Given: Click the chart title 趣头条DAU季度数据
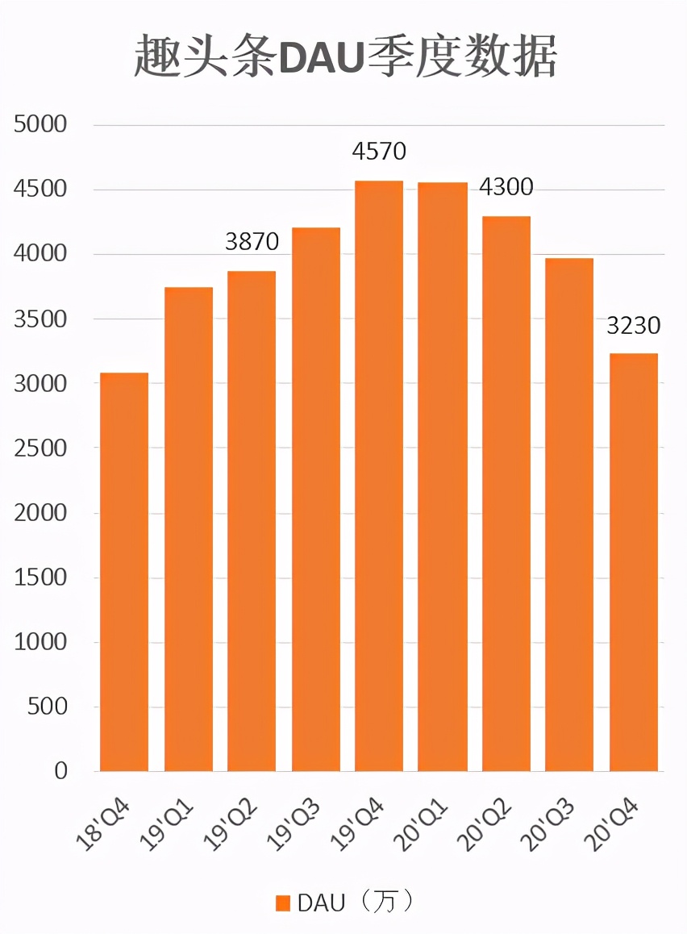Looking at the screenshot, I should [345, 57].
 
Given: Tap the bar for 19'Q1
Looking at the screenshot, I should [189, 528].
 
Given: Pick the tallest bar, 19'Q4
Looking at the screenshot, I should [379, 476].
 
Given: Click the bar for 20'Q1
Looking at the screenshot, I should [443, 477].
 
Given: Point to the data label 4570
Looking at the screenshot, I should [379, 151].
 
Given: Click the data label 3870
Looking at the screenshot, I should [252, 241].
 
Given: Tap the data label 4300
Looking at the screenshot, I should [506, 187].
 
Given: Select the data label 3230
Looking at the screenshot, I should [634, 325].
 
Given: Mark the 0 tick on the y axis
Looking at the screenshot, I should [60, 771].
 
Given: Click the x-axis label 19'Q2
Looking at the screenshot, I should [232, 823].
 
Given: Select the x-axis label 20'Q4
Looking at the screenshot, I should [614, 823].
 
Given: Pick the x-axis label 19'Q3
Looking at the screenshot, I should [296, 823].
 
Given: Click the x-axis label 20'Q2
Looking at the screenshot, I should [487, 823].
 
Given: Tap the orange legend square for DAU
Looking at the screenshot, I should [282, 903].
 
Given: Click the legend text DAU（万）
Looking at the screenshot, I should [356, 902].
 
